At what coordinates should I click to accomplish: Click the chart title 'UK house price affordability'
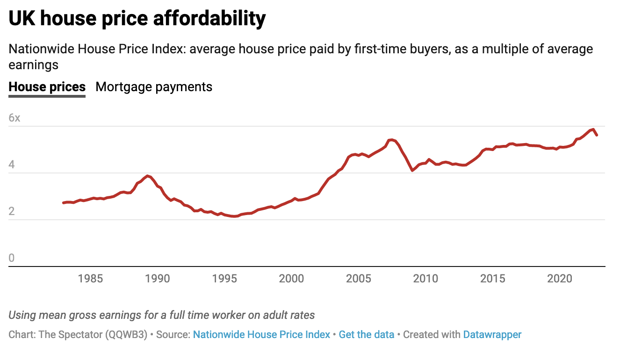137,19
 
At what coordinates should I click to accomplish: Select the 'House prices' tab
47,87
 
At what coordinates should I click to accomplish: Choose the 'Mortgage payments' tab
154,87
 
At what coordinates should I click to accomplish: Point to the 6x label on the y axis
14,118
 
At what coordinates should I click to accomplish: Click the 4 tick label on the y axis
12,165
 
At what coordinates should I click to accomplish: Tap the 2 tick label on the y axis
12,212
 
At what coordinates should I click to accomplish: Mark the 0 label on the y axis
12,259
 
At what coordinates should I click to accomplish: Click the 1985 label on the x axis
91,279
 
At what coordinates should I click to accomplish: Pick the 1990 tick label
158,279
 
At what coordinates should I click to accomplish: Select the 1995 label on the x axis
224,279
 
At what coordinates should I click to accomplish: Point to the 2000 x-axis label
291,279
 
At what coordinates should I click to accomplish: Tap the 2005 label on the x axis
359,279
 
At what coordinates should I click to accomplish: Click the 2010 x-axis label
425,279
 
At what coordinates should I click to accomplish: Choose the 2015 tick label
493,279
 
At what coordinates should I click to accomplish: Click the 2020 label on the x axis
560,279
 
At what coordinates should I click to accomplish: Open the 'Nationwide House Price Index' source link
261,335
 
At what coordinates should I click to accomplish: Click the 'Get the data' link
367,335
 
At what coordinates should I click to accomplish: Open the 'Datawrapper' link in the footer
492,335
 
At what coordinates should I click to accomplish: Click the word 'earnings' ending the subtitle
34,65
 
